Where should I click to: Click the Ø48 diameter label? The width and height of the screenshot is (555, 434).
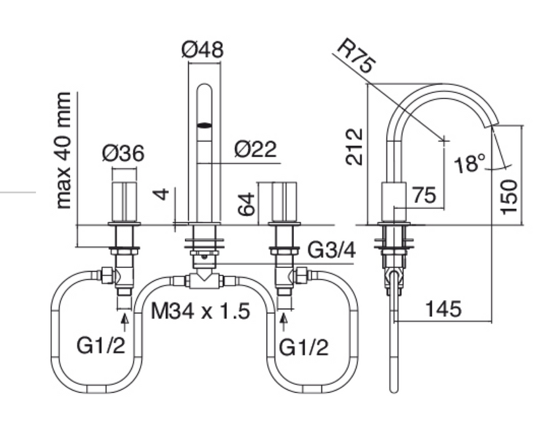click(202, 50)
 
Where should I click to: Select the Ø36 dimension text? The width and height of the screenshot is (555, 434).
click(123, 154)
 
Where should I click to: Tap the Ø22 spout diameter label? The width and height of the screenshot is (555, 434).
click(255, 149)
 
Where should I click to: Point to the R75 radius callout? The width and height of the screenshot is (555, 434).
click(356, 56)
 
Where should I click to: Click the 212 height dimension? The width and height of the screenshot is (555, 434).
click(355, 147)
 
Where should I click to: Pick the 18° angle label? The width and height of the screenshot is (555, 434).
click(469, 163)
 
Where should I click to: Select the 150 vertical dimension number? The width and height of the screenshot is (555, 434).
click(509, 197)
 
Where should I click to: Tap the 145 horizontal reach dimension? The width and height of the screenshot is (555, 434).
click(444, 308)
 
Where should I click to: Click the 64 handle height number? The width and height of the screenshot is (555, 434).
click(246, 204)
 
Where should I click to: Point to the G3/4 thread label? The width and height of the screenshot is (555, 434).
click(332, 250)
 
